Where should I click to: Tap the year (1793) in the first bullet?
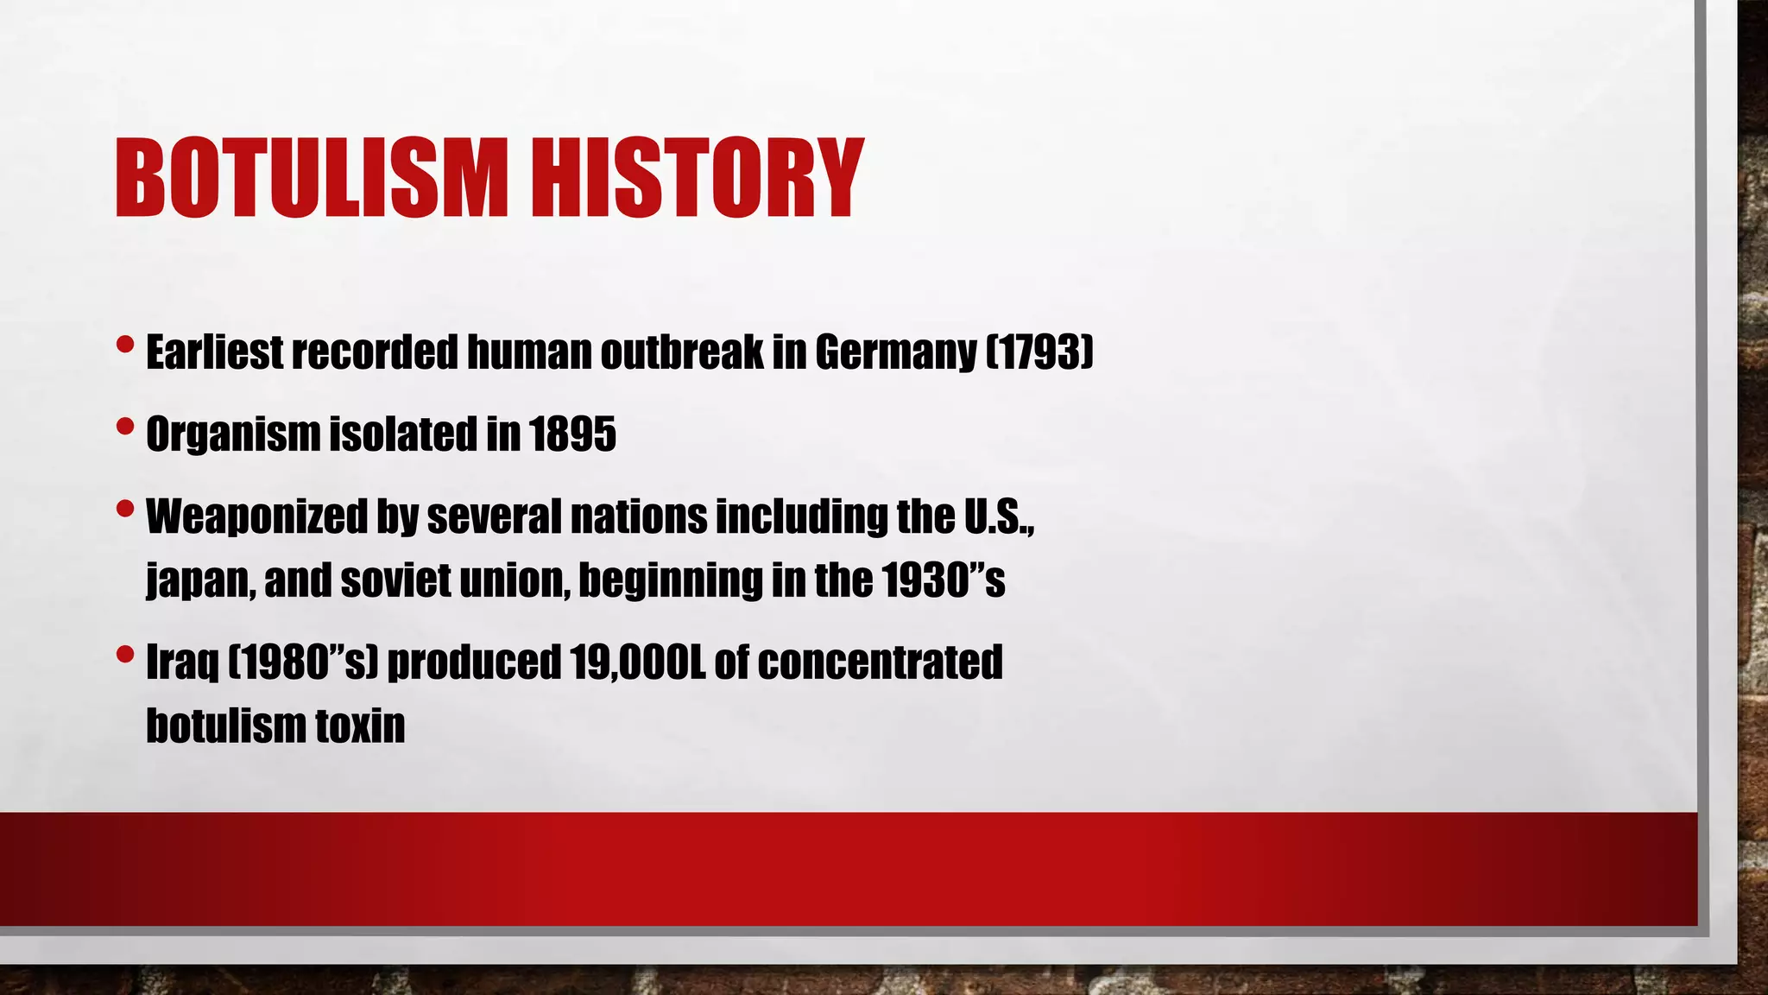1039,352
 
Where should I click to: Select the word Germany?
894,352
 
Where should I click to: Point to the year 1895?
572,434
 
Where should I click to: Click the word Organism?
232,434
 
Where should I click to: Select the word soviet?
395,580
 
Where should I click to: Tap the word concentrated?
880,662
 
